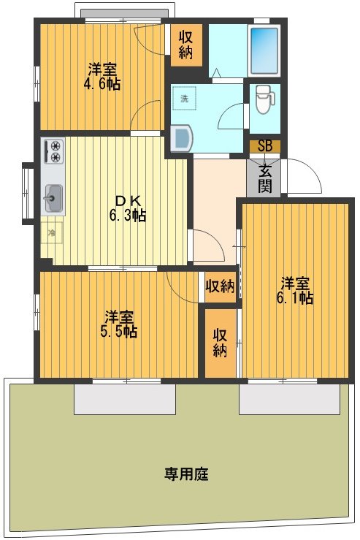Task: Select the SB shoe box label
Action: [x=264, y=145]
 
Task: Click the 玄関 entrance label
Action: [x=264, y=178]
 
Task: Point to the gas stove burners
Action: [x=54, y=152]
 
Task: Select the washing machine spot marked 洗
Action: [x=185, y=98]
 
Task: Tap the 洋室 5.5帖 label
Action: [x=120, y=324]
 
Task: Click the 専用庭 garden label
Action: [x=185, y=474]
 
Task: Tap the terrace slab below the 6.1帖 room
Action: [x=289, y=399]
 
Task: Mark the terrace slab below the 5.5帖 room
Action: [x=124, y=399]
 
